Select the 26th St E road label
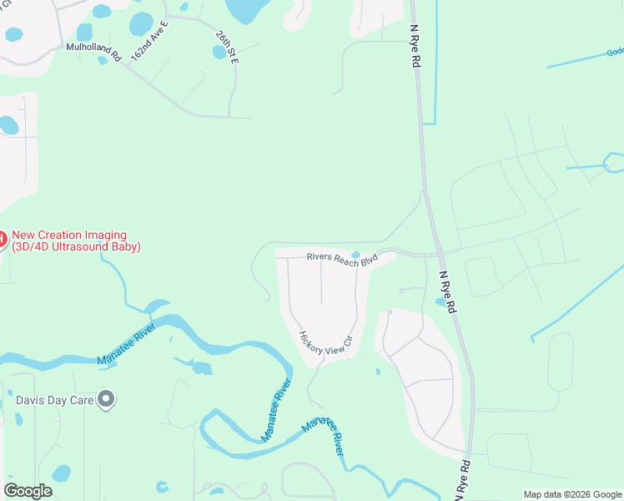click(227, 49)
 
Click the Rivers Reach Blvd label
click(342, 260)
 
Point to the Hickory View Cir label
click(327, 345)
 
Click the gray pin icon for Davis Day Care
click(106, 399)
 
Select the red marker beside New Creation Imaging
click(2, 240)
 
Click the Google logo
click(28, 491)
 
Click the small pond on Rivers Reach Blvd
click(356, 255)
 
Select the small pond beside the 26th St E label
click(219, 52)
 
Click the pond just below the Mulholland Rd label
click(103, 60)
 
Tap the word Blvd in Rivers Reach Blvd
click(367, 262)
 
